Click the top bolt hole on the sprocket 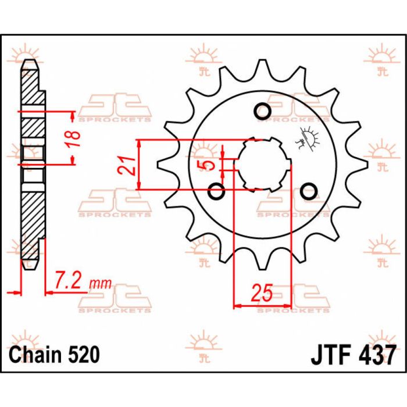click(x=261, y=111)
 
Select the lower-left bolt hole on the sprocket click(x=217, y=190)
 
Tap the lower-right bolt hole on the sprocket click(x=309, y=190)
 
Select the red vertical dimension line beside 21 click(x=138, y=165)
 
